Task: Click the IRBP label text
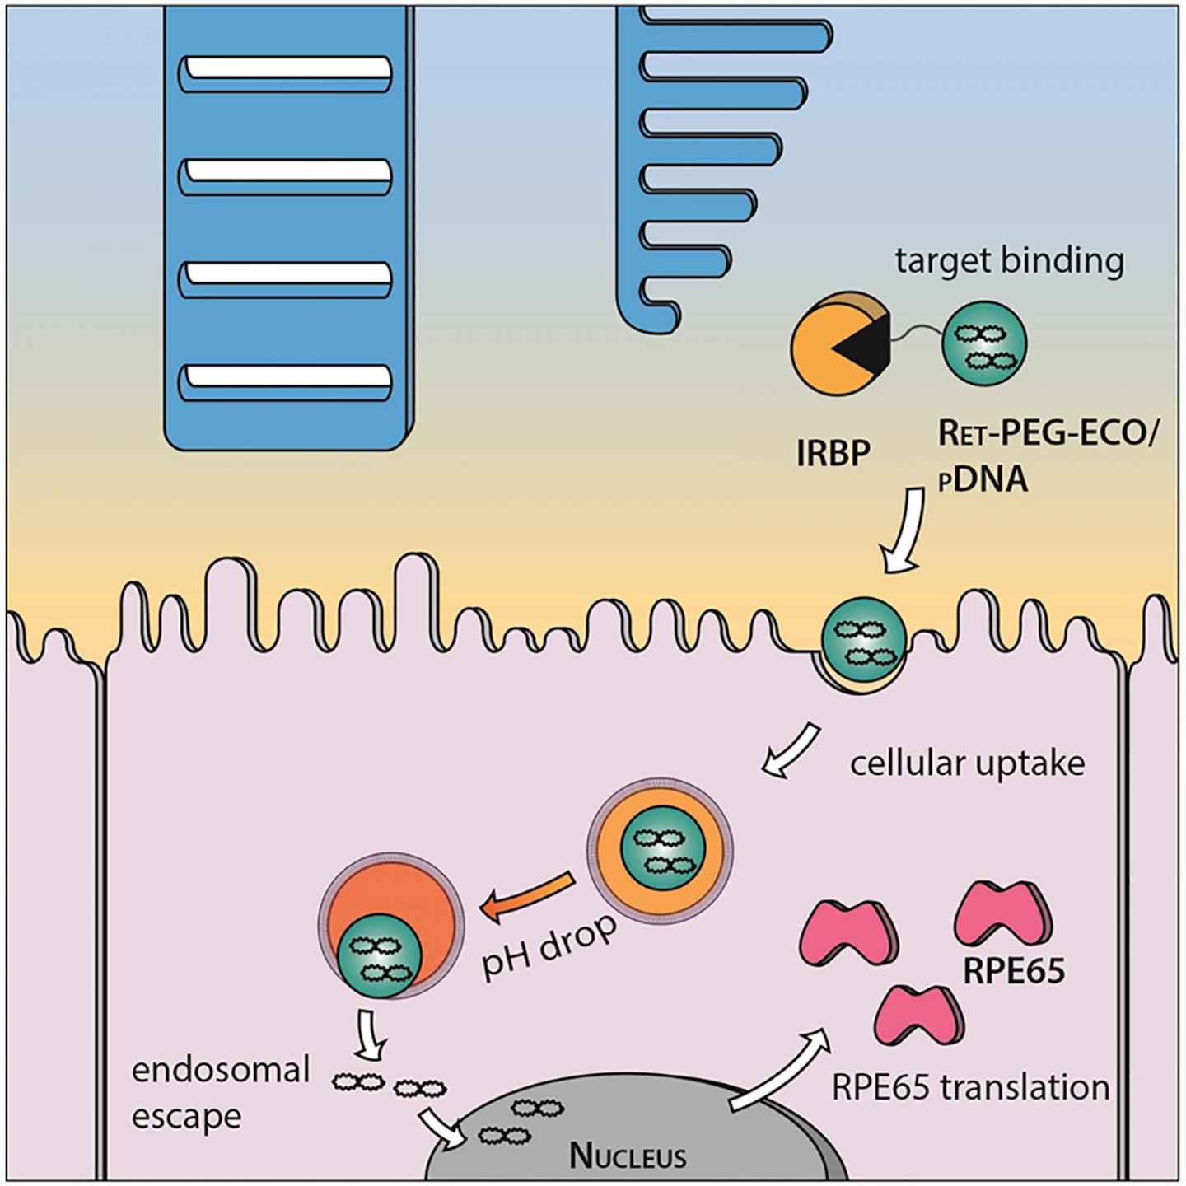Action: (833, 454)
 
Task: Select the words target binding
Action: (1009, 261)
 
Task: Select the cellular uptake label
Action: (967, 763)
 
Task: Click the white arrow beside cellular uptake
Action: (791, 750)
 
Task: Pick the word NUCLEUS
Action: (628, 1156)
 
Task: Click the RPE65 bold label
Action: (1014, 972)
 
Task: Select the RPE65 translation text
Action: (970, 1087)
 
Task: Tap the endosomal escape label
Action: (220, 1093)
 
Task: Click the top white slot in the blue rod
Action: (285, 71)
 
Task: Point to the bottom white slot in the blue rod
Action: (285, 377)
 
